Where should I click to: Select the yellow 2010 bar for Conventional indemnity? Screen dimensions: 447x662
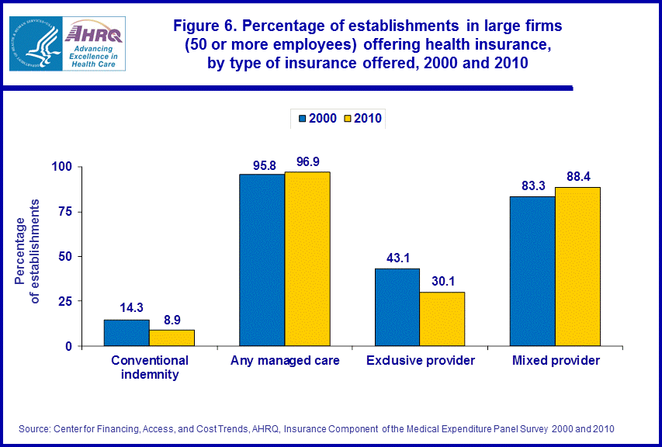click(x=172, y=338)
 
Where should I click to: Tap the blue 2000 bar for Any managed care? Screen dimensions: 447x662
click(x=262, y=260)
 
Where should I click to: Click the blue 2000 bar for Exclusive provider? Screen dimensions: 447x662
click(x=397, y=307)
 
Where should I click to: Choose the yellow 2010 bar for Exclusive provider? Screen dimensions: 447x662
click(x=442, y=318)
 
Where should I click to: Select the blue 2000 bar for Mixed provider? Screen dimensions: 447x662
click(x=532, y=271)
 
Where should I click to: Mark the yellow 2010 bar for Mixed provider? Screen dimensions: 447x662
click(x=577, y=266)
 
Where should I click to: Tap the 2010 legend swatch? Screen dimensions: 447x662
click(x=348, y=118)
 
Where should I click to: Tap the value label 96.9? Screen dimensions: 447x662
click(x=307, y=161)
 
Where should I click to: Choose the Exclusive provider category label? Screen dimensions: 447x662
click(x=420, y=361)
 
